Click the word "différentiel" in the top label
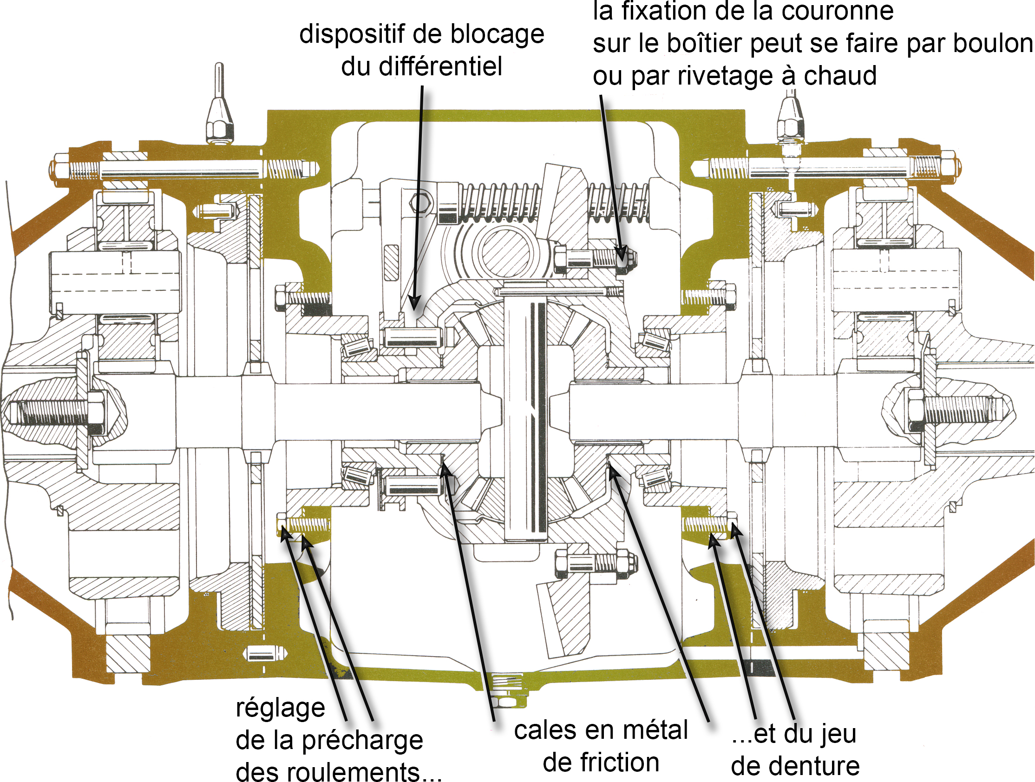pyautogui.click(x=440, y=66)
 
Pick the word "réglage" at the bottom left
pyautogui.click(x=280, y=708)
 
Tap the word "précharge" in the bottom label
pyautogui.click(x=362, y=740)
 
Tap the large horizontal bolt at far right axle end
pyautogui.click(x=955, y=408)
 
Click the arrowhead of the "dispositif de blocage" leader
pyautogui.click(x=414, y=304)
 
